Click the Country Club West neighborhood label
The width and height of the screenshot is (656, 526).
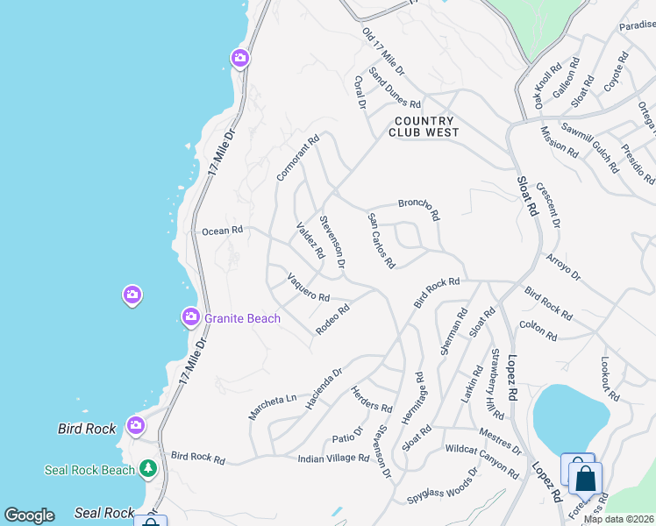pos(424,127)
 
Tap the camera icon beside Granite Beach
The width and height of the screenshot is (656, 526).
pos(190,316)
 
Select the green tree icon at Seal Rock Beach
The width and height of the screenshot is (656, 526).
pos(149,469)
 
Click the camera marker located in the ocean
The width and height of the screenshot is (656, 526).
pos(132,295)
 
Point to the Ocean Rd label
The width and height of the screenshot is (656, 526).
pos(222,231)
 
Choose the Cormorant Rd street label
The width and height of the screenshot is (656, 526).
pos(299,158)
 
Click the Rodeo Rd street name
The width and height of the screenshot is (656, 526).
pos(333,319)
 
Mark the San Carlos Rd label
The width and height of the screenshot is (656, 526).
pos(381,240)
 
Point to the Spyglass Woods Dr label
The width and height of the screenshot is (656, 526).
pos(443,487)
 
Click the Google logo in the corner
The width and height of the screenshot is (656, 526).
pos(29,515)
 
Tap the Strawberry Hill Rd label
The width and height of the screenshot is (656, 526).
pos(496,384)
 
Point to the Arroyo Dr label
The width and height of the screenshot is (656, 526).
pos(563,267)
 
